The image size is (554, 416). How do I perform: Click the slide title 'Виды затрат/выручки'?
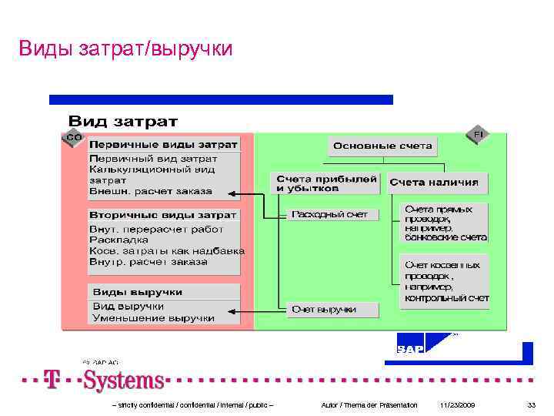[x=125, y=49]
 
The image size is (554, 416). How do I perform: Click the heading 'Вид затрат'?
[x=123, y=121]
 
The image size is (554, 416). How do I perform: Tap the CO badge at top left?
[x=73, y=137]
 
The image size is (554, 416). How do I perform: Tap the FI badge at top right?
[x=478, y=135]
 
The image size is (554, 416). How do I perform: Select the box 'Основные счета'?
[x=382, y=146]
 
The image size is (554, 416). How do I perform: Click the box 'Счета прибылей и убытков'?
[x=326, y=183]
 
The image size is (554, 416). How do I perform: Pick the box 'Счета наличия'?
[x=433, y=183]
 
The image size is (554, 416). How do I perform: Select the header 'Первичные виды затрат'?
[x=163, y=144]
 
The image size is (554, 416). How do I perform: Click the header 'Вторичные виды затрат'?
[x=163, y=215]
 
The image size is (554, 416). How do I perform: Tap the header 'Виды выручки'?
[x=138, y=292]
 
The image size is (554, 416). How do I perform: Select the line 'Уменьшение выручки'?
[x=153, y=317]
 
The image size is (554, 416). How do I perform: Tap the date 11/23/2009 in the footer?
[x=458, y=404]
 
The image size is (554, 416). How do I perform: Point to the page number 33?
[x=531, y=404]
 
